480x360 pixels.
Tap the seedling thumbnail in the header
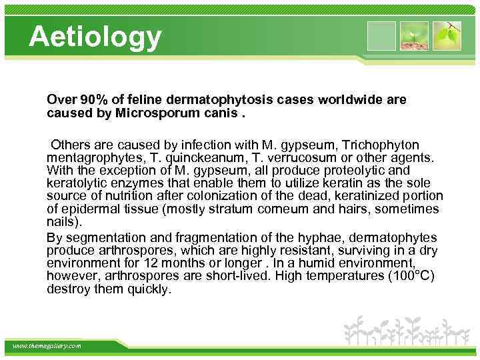(414, 35)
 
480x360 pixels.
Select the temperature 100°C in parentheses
(410, 277)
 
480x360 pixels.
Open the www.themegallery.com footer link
(47, 346)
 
